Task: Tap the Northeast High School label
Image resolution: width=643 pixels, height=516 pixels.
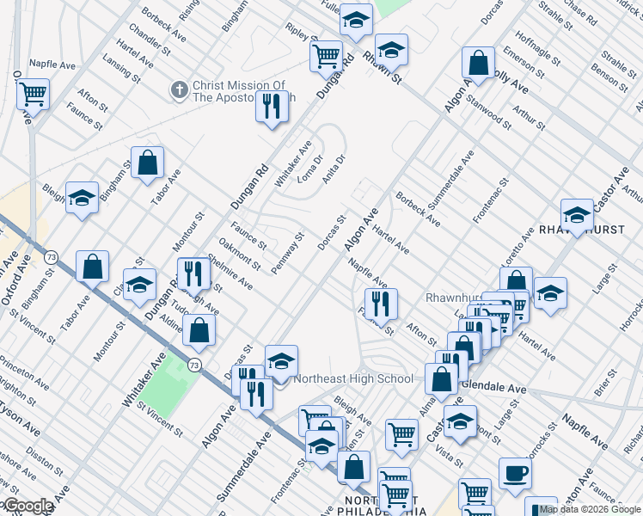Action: coord(353,378)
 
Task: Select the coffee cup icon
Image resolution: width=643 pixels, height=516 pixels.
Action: coord(517,472)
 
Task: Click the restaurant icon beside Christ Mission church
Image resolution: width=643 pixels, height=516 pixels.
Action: coord(272,107)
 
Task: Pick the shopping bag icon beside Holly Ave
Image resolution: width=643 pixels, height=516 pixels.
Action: coord(478,62)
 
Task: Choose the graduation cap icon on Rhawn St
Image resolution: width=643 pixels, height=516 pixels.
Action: coord(391,51)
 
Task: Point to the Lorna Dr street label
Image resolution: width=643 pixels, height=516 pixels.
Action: coord(309,169)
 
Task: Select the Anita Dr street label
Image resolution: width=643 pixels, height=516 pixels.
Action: coord(334,169)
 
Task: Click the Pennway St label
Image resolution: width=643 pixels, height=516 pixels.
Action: coord(288,249)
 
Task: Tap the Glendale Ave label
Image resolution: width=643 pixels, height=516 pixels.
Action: coord(493,388)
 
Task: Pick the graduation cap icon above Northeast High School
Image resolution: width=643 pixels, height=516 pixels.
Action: coord(281,362)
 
